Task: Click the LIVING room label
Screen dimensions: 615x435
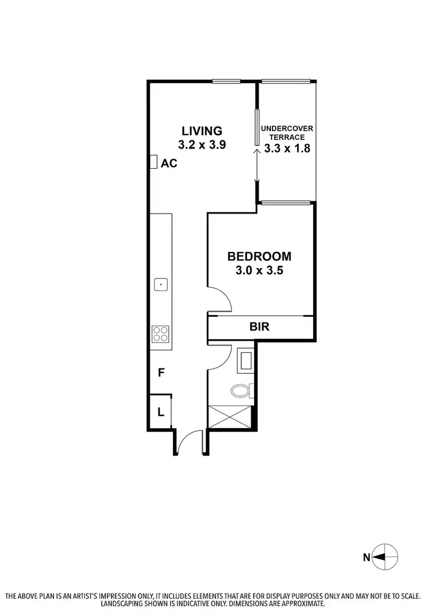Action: pos(202,131)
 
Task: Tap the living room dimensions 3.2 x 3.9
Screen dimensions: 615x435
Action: pos(202,145)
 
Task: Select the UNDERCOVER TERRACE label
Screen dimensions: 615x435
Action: pos(287,132)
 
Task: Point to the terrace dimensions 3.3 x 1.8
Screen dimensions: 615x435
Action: pos(287,148)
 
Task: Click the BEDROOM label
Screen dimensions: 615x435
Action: pos(259,256)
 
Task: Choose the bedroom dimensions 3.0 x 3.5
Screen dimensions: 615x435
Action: pos(259,270)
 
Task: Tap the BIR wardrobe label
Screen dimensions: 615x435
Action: pos(259,327)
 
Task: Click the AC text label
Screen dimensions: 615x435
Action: pos(169,164)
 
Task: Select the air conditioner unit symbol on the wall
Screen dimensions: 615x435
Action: pos(154,162)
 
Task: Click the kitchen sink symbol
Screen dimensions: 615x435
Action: pos(161,284)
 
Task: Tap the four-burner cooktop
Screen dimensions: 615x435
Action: pos(161,334)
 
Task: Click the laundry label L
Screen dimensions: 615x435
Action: pos(161,413)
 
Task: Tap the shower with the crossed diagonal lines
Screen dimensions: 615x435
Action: pos(230,417)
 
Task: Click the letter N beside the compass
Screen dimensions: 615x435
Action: pos(367,558)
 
